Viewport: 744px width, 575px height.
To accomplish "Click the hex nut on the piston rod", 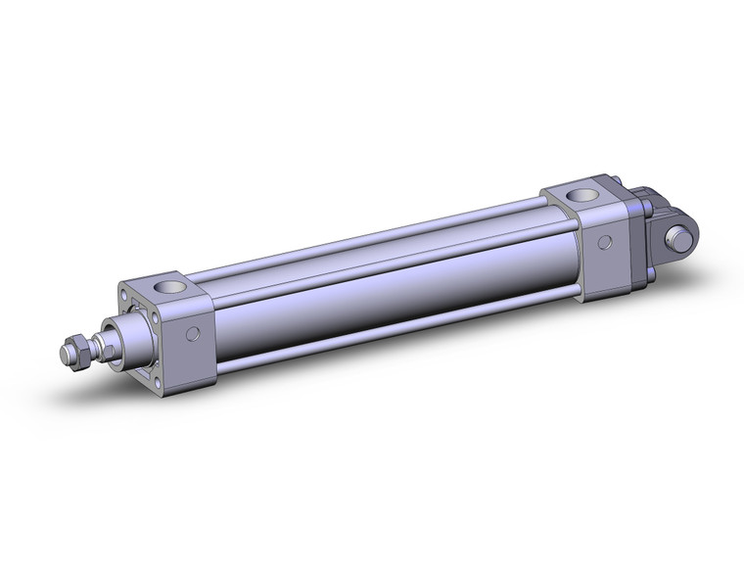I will pos(74,349).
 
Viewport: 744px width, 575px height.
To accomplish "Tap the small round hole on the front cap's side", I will pos(194,334).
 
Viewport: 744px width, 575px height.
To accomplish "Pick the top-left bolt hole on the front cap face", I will pos(124,293).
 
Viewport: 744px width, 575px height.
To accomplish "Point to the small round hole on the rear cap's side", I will pos(606,242).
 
